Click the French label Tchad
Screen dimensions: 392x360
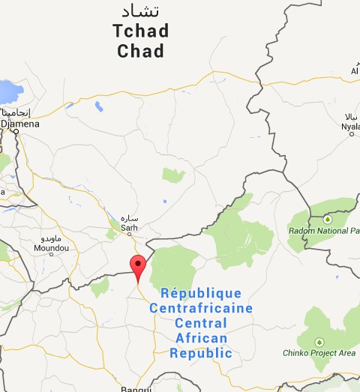pos(140,32)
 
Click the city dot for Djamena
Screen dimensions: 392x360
pos(16,132)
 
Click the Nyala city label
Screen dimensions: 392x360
pos(351,127)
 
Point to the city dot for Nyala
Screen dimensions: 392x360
pos(353,136)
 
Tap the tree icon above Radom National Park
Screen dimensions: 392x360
pos(327,219)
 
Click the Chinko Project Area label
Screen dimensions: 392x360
pos(319,353)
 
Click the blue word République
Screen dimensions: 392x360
pos(202,293)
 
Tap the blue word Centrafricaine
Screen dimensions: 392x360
pos(201,308)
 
